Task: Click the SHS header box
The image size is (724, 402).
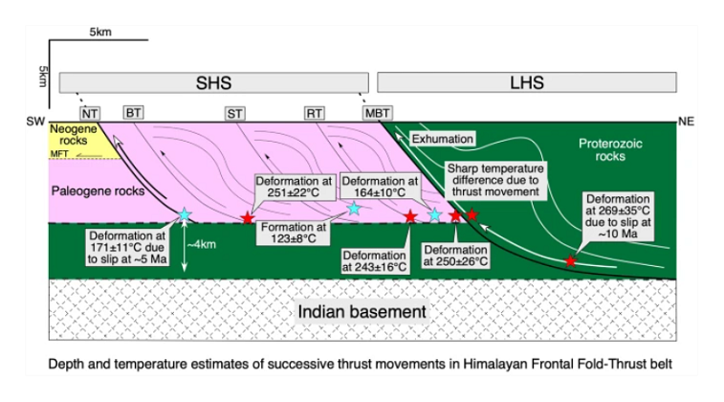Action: (214, 81)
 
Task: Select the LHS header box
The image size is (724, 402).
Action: (527, 81)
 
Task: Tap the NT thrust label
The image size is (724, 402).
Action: (91, 113)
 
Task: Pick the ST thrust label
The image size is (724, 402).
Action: (235, 113)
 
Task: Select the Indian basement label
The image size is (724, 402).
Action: (362, 312)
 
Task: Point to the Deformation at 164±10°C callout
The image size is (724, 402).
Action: (379, 187)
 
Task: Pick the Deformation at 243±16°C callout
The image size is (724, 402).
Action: (376, 261)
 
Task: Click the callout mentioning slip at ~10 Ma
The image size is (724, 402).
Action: (621, 213)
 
